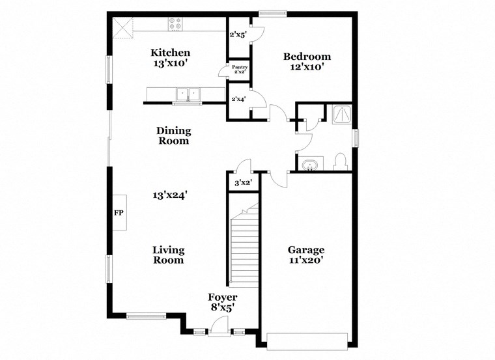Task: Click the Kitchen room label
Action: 171,53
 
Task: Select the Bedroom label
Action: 307,57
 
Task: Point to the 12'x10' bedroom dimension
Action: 307,66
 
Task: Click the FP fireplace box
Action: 119,213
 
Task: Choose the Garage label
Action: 306,250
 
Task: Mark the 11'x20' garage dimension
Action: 306,260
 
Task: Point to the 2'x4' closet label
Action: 239,99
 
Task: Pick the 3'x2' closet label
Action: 243,183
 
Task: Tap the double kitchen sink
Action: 189,95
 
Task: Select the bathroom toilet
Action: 340,161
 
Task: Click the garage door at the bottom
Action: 307,341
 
